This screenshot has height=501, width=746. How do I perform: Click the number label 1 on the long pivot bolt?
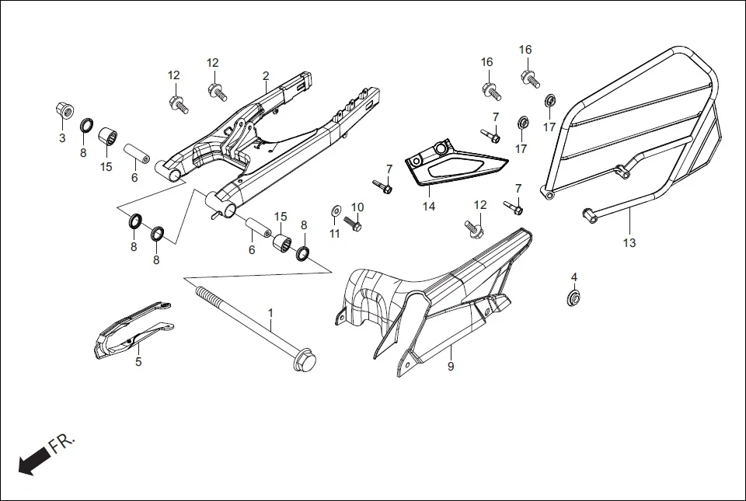pos(270,313)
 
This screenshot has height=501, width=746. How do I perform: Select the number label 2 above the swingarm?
pos(266,75)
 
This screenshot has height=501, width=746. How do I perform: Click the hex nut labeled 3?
pos(64,110)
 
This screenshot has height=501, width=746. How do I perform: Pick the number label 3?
pos(62,138)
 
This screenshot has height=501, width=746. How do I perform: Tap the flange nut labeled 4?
pos(573,297)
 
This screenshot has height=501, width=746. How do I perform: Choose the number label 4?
pos(574,277)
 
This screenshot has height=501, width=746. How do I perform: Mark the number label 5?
pos(138,361)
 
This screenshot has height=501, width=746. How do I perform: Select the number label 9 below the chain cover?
pos(450,366)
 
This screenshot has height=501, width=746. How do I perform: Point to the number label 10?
pos(357,207)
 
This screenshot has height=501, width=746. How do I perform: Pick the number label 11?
pos(335,233)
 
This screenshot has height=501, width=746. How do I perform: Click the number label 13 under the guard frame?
pos(629,243)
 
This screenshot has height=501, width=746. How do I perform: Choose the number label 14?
pos(429,207)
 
